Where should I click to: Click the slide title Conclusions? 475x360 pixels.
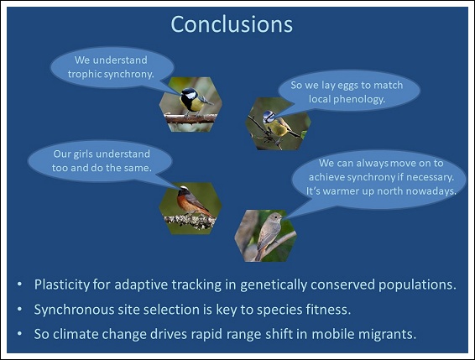coord(232,24)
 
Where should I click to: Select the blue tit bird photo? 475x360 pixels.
coord(278,123)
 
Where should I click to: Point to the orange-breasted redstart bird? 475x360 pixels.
coord(193,201)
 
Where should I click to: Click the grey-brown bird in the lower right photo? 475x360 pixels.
coord(268,234)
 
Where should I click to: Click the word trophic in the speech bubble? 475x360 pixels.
coord(85,74)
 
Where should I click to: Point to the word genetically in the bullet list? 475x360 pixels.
coord(274,285)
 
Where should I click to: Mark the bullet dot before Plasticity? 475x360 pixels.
coord(19,284)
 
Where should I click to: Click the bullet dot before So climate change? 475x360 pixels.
coord(19,334)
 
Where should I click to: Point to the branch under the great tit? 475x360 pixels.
coord(191,118)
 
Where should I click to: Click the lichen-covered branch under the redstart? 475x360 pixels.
coord(190,221)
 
